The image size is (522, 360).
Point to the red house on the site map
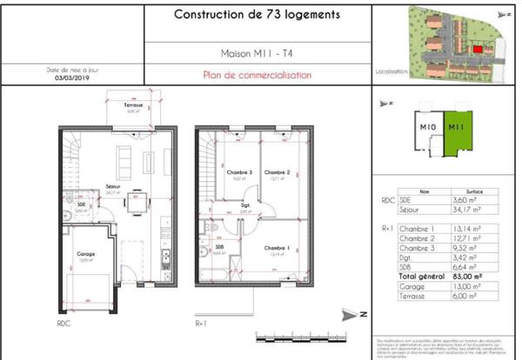point(477,50)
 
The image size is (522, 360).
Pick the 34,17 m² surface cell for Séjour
point(463,210)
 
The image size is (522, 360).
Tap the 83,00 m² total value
point(463,276)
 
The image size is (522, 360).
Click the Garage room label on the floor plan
point(85,254)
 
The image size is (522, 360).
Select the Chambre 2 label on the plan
point(278,172)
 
